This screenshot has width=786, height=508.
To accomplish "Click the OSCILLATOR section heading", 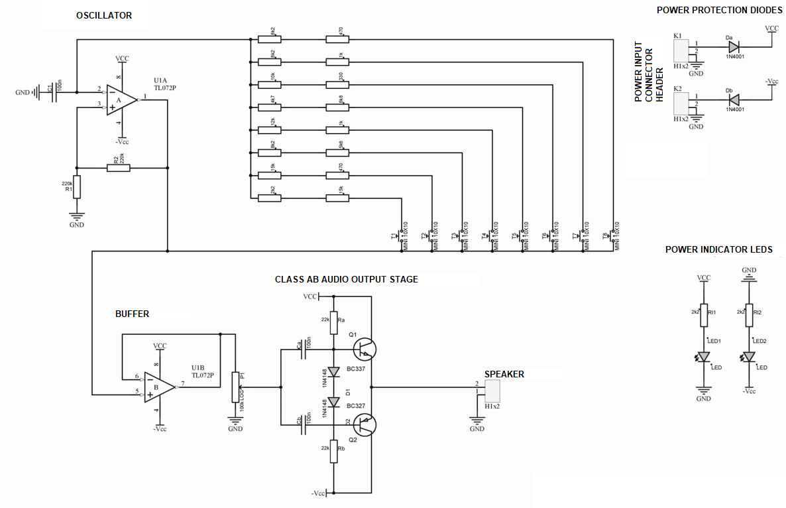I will (104, 15).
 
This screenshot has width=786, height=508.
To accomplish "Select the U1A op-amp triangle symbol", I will (121, 100).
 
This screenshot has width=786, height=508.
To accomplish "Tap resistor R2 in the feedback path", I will (119, 168).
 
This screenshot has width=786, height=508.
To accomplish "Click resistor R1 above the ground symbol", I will (77, 187).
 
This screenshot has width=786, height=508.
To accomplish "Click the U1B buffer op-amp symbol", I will (158, 387).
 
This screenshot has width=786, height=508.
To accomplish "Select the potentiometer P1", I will (234, 387).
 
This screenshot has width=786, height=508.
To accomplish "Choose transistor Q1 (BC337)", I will (364, 348).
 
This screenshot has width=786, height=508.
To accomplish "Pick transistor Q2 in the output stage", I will (364, 424).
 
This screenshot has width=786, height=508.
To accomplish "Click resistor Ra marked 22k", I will (334, 321).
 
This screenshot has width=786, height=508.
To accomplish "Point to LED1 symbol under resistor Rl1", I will (704, 357).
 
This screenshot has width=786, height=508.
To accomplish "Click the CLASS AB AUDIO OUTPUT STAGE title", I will (346, 279).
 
